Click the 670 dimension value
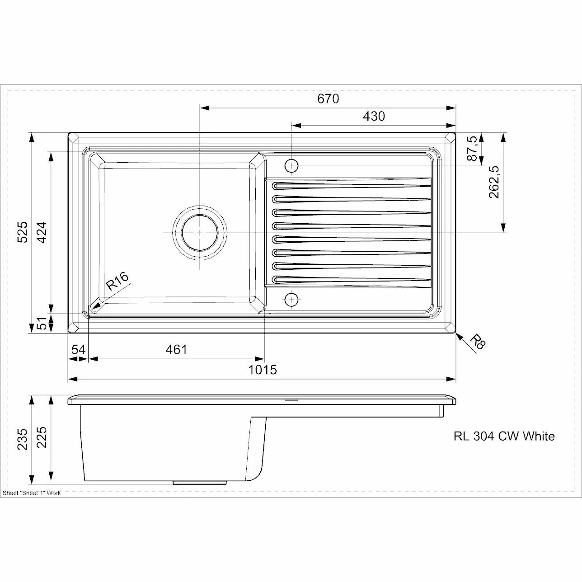[328, 99]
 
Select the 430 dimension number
[374, 116]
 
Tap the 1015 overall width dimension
[263, 370]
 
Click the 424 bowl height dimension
[42, 232]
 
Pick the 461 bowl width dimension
[176, 350]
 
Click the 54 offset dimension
[79, 350]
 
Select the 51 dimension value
[42, 324]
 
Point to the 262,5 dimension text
[493, 182]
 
